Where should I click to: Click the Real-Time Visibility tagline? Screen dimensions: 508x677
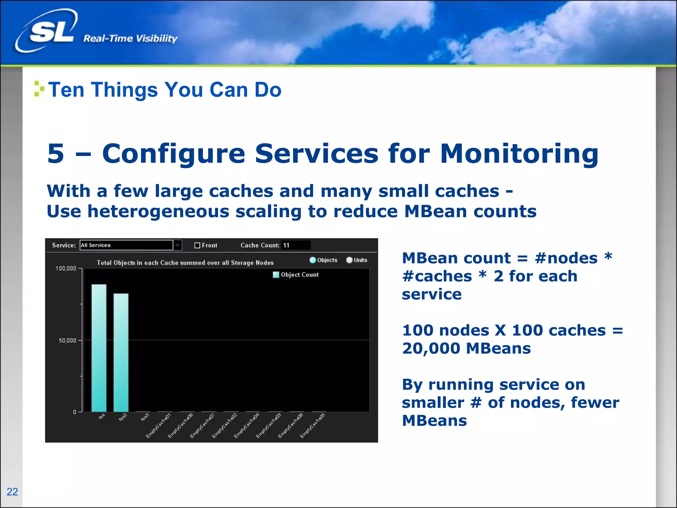point(130,38)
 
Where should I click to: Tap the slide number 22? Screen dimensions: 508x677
point(12,492)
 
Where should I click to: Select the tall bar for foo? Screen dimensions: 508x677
point(99,347)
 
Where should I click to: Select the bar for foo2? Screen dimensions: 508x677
point(121,352)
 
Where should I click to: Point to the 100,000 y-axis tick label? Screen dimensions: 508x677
point(66,269)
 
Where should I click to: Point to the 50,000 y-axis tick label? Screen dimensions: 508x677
point(67,340)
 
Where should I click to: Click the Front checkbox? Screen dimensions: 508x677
point(197,245)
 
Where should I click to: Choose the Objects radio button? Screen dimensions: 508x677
point(313,260)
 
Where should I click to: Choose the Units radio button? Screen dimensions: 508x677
point(349,260)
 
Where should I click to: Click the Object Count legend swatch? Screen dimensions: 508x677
point(276,275)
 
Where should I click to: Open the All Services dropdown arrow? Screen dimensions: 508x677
point(178,245)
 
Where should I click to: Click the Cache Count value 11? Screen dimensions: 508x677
point(286,245)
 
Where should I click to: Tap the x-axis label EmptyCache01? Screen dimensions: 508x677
point(158,426)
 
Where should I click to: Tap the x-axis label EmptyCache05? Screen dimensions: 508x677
point(312,426)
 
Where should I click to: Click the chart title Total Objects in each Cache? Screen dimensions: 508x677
point(185,263)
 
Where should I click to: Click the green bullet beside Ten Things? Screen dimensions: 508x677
point(39,89)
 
